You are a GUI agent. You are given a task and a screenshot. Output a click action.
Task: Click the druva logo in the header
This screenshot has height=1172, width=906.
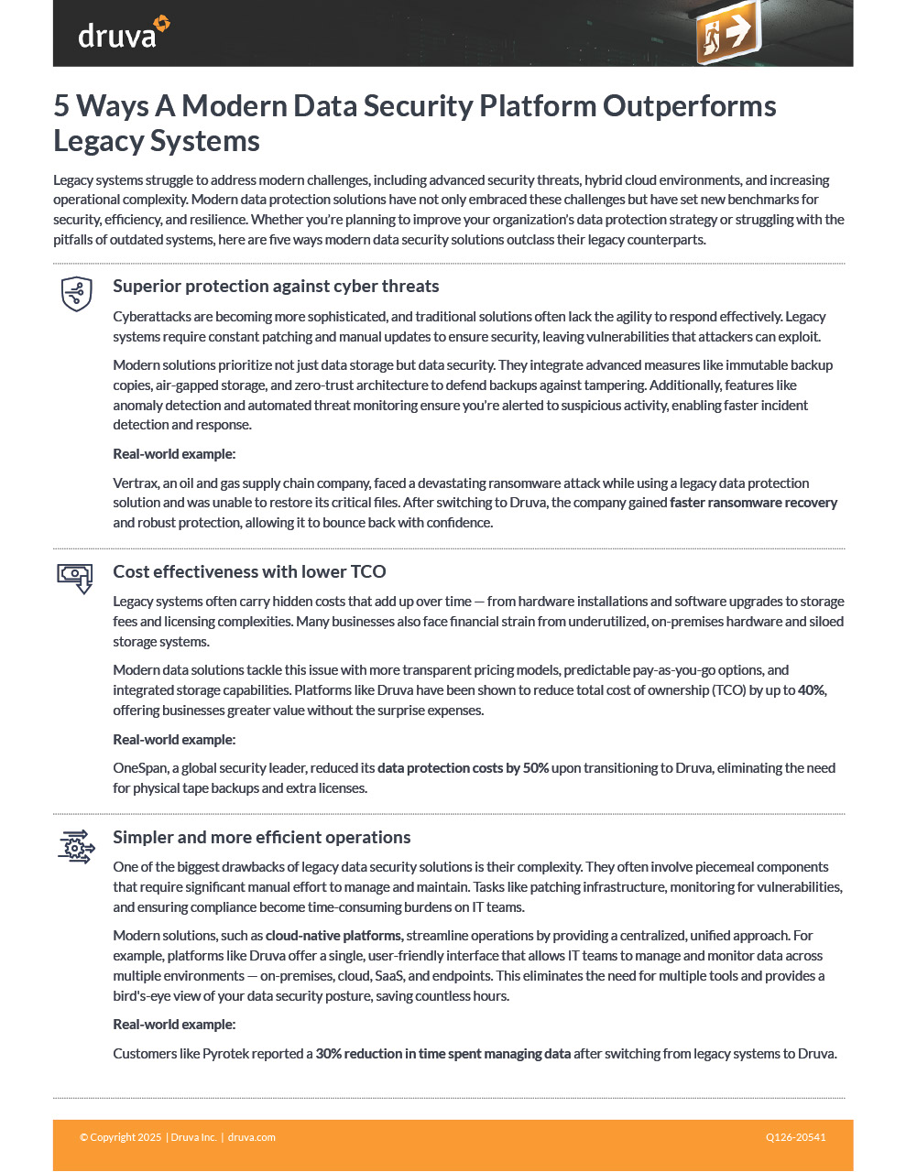(124, 33)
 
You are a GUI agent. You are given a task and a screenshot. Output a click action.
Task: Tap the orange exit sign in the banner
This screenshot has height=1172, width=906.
(727, 34)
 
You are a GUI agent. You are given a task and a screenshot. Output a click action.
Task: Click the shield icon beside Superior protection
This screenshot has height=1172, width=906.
(76, 294)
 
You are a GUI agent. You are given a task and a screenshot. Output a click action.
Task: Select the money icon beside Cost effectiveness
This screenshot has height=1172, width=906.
(76, 578)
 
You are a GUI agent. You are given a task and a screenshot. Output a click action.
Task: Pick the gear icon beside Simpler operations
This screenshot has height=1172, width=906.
(76, 847)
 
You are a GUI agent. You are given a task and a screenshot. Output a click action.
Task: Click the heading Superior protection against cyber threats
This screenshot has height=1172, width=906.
(276, 287)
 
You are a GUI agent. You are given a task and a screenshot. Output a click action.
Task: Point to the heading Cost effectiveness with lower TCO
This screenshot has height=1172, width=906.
(249, 572)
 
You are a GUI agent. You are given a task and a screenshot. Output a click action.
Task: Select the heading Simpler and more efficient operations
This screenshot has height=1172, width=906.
(261, 838)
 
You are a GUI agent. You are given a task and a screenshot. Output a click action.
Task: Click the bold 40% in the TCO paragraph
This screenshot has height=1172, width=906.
(812, 690)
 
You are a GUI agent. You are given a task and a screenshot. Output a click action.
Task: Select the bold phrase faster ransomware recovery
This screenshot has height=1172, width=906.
(753, 503)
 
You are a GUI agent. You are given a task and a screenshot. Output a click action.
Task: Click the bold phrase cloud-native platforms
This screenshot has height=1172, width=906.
(333, 936)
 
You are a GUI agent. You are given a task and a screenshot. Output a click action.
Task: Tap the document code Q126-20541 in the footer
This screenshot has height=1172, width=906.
(795, 1137)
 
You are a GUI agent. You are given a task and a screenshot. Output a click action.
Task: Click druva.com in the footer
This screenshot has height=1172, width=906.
(251, 1137)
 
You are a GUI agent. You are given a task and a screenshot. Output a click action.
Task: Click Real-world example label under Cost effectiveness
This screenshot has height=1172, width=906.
(174, 740)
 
